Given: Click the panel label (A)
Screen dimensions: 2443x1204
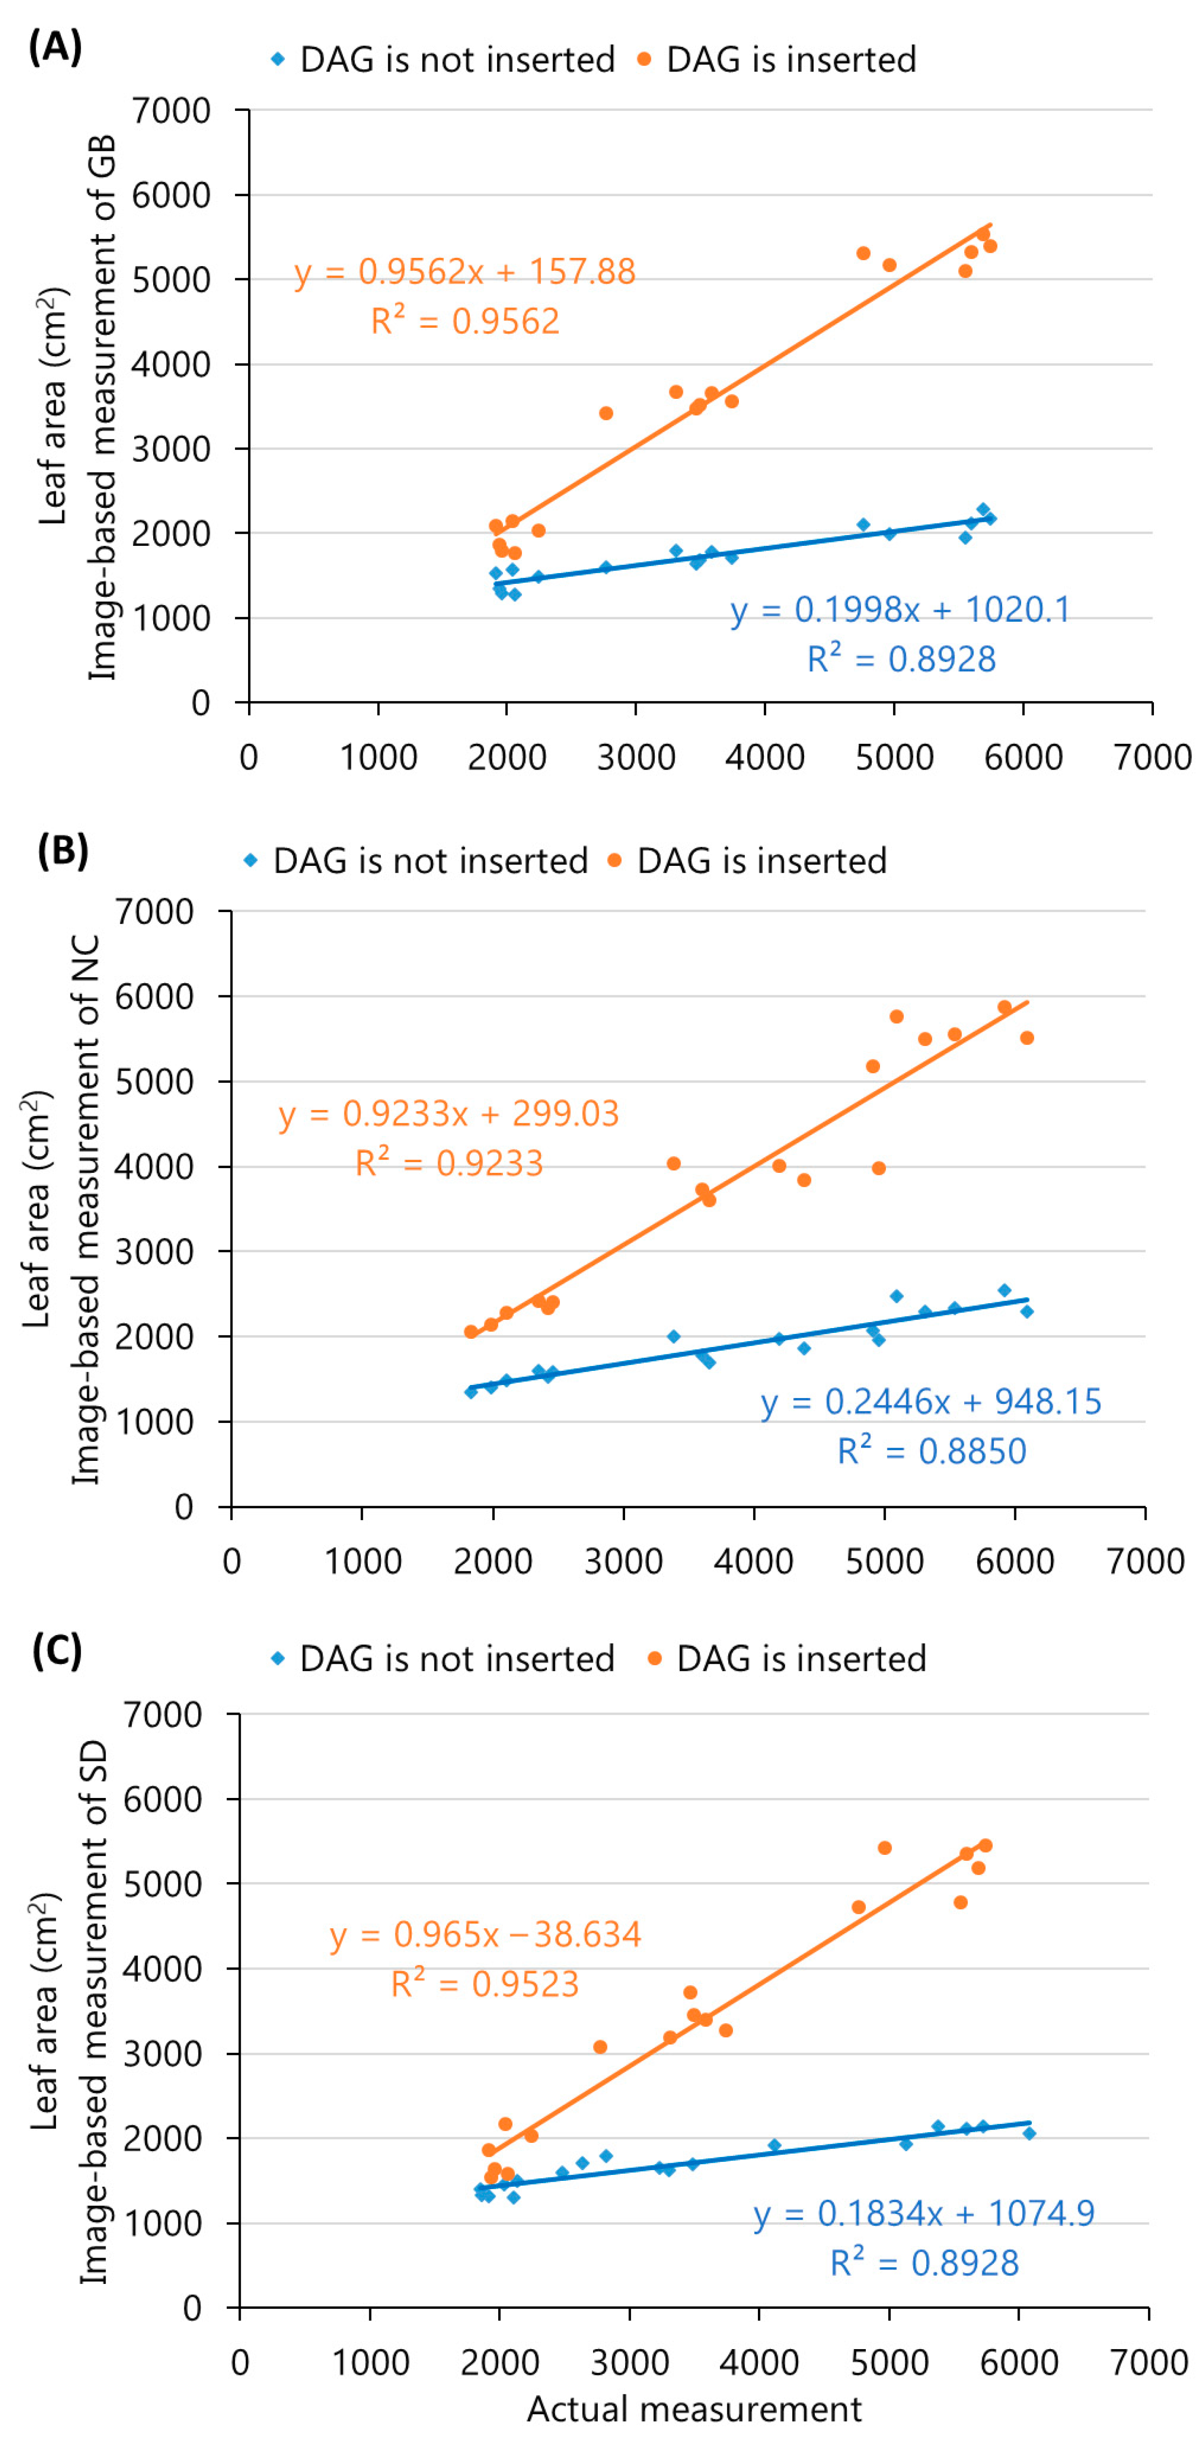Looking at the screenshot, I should coord(55,46).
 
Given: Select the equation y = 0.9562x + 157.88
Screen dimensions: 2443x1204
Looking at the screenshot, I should coord(465,272).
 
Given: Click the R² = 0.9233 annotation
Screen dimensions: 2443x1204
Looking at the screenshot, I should coord(449,1163).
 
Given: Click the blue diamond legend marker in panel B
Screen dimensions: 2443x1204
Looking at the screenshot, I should coord(251,860).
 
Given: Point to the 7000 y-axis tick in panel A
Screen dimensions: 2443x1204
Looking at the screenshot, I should coord(172,111).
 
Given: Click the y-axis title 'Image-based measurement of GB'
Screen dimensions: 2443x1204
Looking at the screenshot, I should coord(102,408).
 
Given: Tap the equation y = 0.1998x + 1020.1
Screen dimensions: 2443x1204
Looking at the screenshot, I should coord(899,609).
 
